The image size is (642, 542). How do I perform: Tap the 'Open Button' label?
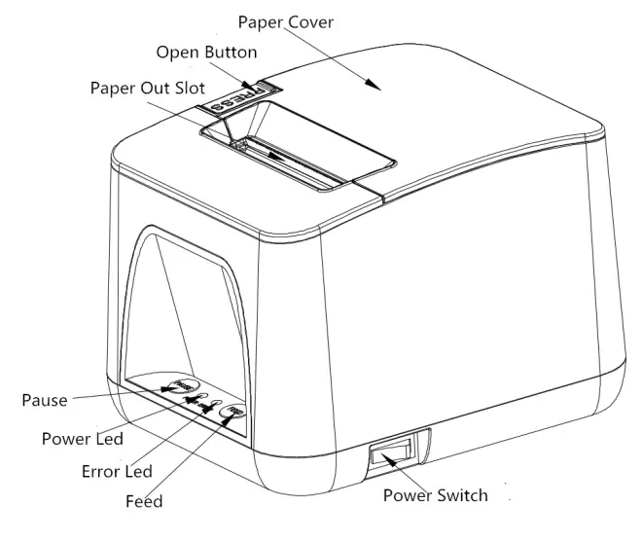pos(206,52)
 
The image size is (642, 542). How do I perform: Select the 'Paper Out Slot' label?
pos(148,87)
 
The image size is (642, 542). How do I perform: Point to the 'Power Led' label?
pos(82,439)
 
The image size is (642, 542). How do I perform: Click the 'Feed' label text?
pos(144,502)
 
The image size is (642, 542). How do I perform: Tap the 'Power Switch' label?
pos(435,494)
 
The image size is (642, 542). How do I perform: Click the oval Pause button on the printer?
pos(179,384)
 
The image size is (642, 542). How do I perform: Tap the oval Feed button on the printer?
pos(233,411)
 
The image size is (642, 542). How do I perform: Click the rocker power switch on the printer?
pos(392,452)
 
